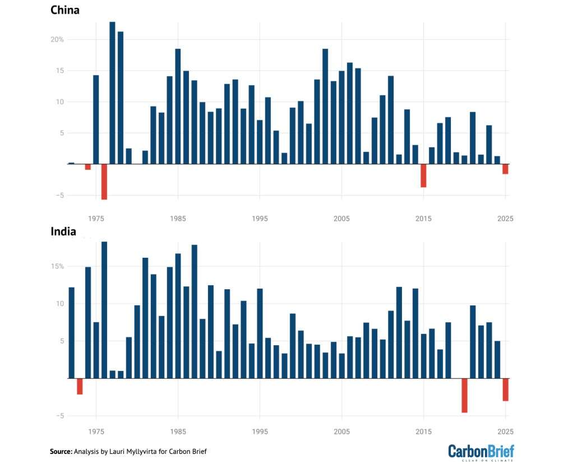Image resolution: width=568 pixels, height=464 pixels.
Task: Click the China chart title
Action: pos(65,10)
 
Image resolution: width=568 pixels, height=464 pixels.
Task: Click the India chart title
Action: pos(63,231)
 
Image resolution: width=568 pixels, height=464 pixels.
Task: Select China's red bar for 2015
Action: pos(423,175)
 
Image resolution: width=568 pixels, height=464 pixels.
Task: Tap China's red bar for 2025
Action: pos(505,169)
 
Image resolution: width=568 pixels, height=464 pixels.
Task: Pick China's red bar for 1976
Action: pos(104,182)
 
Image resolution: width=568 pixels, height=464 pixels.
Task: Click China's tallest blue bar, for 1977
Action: pos(112,92)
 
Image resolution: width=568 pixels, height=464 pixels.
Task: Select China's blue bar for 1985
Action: pos(178,106)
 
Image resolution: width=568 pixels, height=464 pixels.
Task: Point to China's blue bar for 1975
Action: pos(96,119)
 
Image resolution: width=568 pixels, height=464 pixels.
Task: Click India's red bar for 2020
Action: pos(464,395)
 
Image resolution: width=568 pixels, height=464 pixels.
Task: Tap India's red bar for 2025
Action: pos(505,389)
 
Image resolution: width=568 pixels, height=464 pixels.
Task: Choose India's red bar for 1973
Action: pos(80,386)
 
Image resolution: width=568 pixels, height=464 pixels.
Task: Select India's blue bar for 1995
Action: pos(260,333)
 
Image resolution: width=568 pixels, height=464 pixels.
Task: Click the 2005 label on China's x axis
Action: pos(341,219)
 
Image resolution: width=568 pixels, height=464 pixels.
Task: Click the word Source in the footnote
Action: pos(61,451)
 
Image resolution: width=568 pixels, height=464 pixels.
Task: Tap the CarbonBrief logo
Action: pos(481,452)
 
